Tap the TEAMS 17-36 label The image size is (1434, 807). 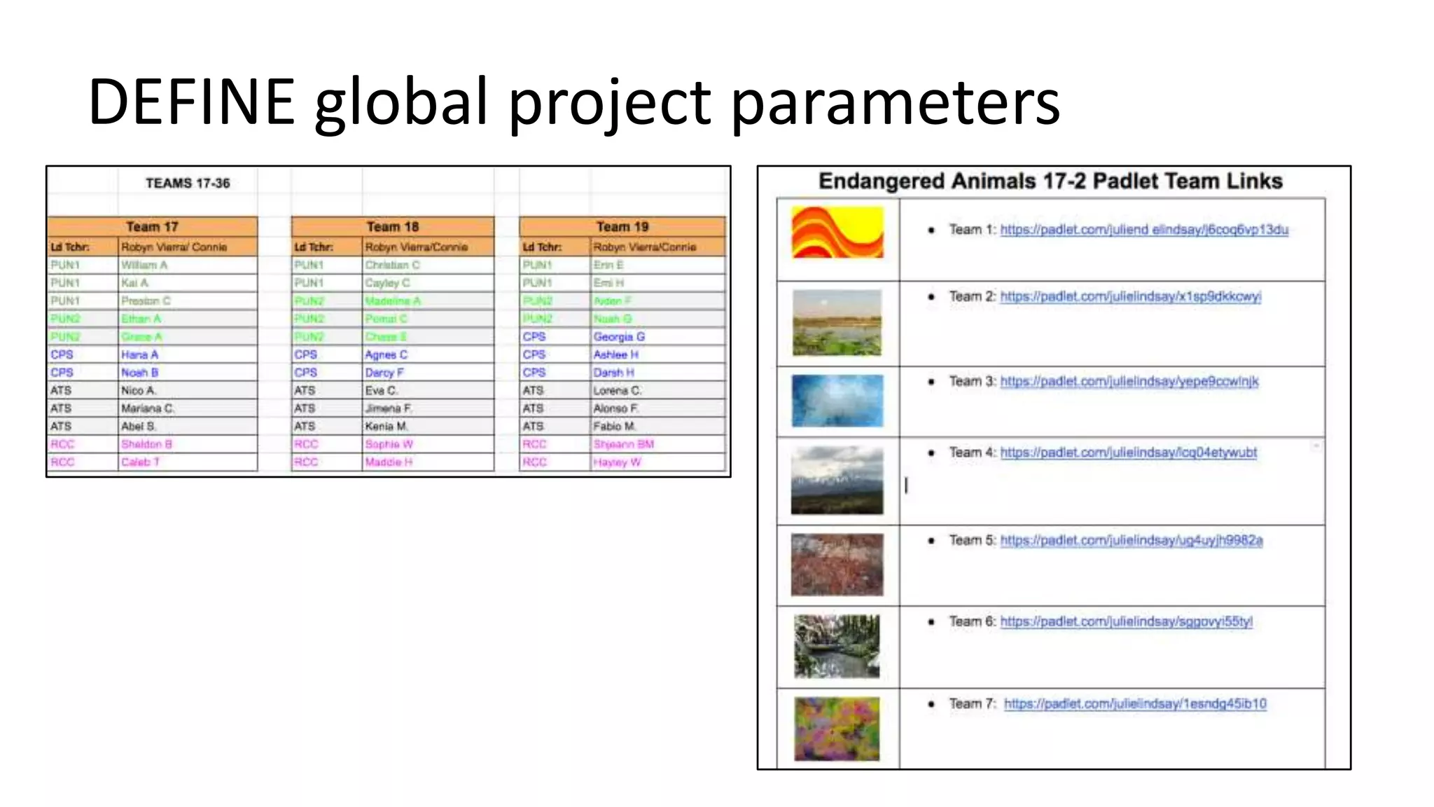point(188,184)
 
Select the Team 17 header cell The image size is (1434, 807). point(152,227)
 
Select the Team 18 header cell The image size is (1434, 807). point(392,227)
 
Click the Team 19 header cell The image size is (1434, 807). point(622,227)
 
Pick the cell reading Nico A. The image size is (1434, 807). point(139,391)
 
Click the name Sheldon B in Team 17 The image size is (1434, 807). point(146,444)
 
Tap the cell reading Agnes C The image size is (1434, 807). point(386,355)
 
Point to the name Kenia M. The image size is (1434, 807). point(386,427)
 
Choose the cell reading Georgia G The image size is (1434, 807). point(619,337)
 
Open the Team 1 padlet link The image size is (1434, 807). point(1143,230)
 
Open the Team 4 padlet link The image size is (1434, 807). point(1128,453)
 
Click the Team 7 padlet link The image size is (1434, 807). point(1134,703)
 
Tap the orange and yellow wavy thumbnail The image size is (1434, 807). point(837,233)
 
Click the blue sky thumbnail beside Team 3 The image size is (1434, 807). point(837,401)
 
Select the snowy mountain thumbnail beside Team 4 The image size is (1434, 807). point(837,481)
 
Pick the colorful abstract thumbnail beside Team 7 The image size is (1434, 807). point(837,729)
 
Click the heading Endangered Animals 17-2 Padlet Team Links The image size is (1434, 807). point(1050,181)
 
